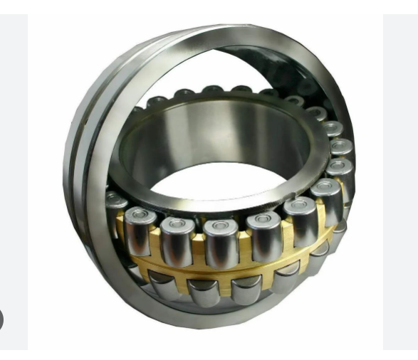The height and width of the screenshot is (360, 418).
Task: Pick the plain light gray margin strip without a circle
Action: (x=400, y=178)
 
